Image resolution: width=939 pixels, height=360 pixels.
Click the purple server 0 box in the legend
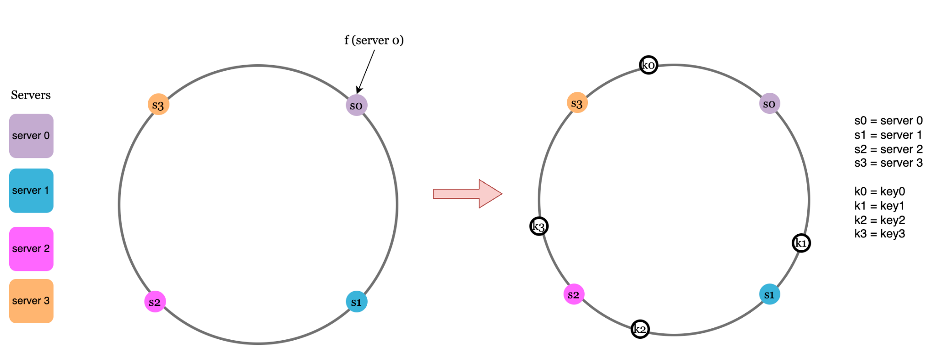[31, 136]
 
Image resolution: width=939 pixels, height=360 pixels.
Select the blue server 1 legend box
[31, 191]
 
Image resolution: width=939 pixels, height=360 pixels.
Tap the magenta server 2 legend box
[31, 249]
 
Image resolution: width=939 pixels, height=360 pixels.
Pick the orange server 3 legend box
[31, 301]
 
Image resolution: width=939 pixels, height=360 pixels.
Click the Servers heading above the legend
[31, 95]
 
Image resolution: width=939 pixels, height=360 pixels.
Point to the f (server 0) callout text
[374, 40]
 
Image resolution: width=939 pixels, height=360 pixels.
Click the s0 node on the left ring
[357, 105]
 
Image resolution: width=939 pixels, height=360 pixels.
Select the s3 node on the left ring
[158, 105]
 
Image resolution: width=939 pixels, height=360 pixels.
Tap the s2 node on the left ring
[155, 302]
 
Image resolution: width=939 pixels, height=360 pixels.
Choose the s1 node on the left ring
[357, 302]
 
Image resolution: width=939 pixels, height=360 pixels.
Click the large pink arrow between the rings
[467, 194]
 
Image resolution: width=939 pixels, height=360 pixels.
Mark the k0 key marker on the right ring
[648, 65]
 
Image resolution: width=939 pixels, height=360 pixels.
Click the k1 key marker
[801, 243]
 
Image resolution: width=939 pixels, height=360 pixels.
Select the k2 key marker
[640, 329]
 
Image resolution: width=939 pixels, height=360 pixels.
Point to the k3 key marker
[539, 226]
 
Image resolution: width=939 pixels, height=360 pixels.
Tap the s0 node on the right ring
[770, 103]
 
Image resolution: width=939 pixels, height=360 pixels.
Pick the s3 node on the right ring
[577, 103]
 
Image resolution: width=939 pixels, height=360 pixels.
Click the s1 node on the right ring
[770, 294]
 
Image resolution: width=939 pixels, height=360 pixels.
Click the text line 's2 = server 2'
[888, 149]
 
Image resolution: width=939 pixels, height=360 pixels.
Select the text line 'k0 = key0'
[879, 191]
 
